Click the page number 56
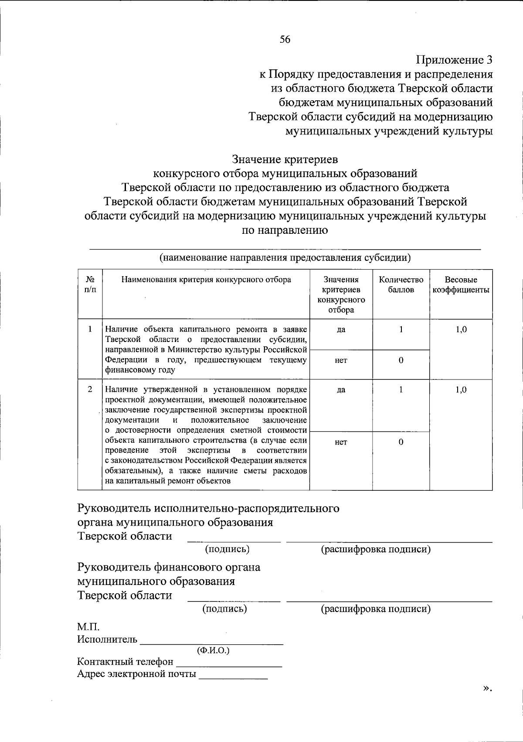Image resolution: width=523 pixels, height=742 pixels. [285, 40]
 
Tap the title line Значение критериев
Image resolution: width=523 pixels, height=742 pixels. [285, 159]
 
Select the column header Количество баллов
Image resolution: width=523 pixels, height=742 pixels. [401, 285]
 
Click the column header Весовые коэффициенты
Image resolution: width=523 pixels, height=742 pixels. [461, 285]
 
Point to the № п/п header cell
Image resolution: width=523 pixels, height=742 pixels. [90, 285]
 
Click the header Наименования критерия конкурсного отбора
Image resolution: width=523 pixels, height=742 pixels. [206, 280]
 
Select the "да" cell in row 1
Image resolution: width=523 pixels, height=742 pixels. [341, 330]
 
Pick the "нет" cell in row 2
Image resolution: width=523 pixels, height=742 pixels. [341, 442]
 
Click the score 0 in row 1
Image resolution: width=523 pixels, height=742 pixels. [401, 360]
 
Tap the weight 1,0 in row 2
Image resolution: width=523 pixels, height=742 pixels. [461, 390]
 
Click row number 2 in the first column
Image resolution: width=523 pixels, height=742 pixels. [90, 389]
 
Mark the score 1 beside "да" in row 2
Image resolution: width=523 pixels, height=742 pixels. [401, 390]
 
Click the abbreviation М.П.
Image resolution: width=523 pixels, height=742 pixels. [88, 628]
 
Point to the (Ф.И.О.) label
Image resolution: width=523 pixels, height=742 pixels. [213, 650]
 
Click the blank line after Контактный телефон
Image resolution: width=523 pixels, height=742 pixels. [229, 665]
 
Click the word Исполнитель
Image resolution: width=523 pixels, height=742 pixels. [107, 639]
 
